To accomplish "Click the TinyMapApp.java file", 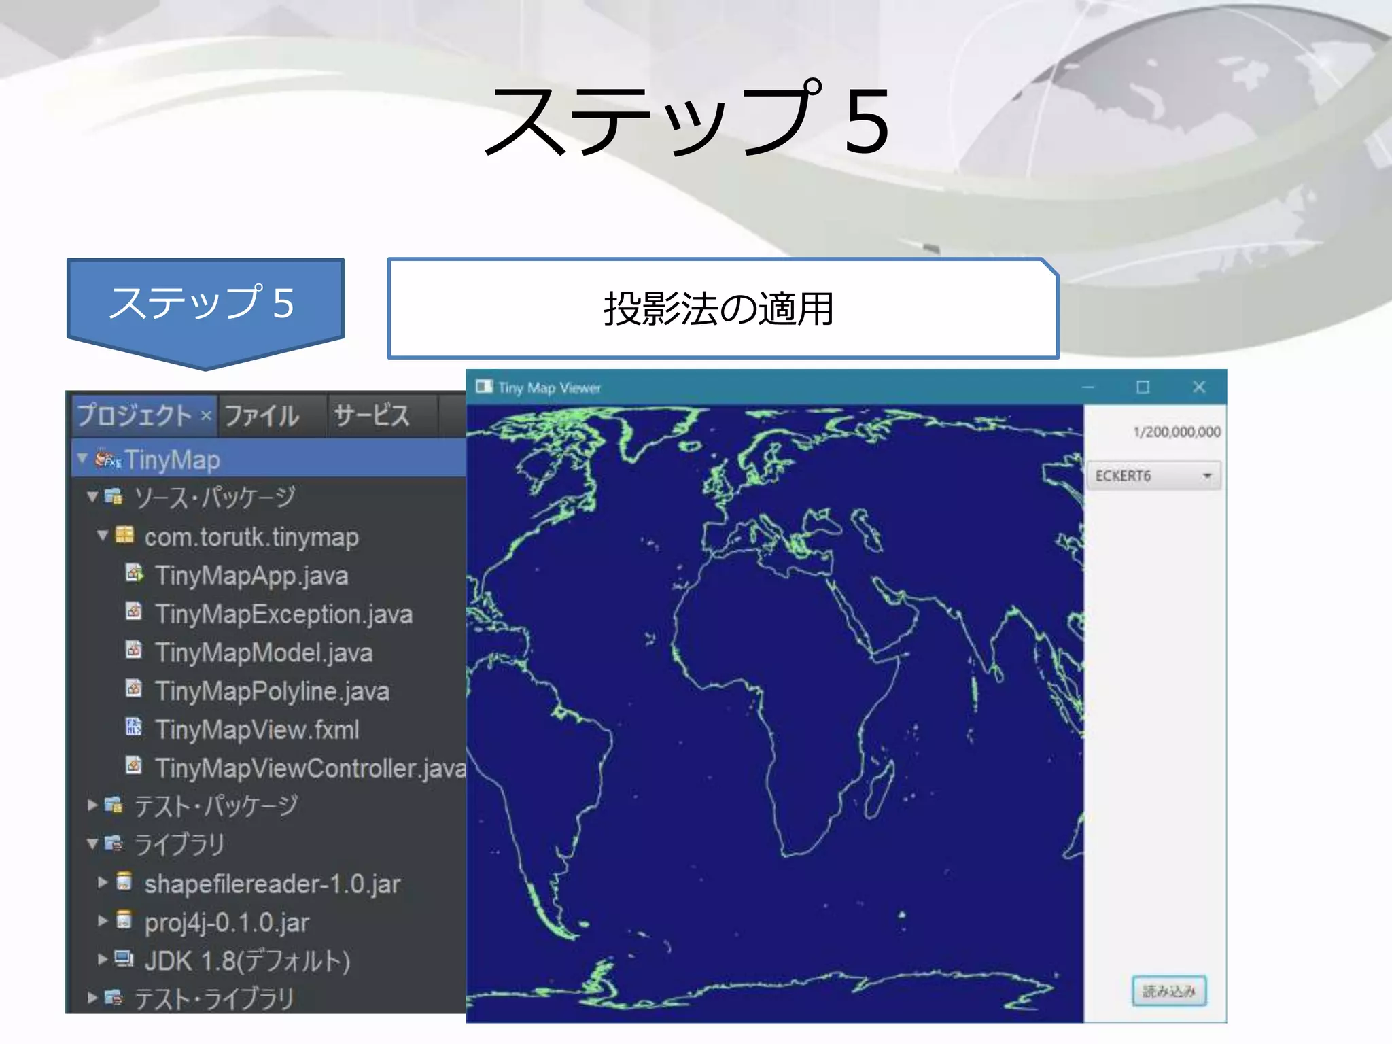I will [x=251, y=576].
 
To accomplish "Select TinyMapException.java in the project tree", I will [x=283, y=614].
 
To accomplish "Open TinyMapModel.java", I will [x=264, y=653].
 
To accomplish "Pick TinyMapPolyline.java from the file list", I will [x=272, y=692].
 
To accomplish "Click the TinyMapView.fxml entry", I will [x=257, y=730].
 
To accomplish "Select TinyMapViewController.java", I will [x=310, y=769].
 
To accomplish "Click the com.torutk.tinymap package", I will [x=251, y=538].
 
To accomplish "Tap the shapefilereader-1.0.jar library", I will [x=272, y=884].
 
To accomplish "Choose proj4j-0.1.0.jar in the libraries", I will [x=226, y=923].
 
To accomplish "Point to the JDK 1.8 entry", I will [x=247, y=961].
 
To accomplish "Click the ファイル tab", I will [x=262, y=415].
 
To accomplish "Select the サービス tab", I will [x=372, y=415].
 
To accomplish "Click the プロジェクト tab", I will [x=135, y=415].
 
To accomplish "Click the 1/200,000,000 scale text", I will [x=1177, y=432].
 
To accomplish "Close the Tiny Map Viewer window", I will [x=1199, y=387].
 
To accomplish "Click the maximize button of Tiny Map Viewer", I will [x=1143, y=387].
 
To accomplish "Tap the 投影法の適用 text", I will [x=719, y=309].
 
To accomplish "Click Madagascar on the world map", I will [x=879, y=788].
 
